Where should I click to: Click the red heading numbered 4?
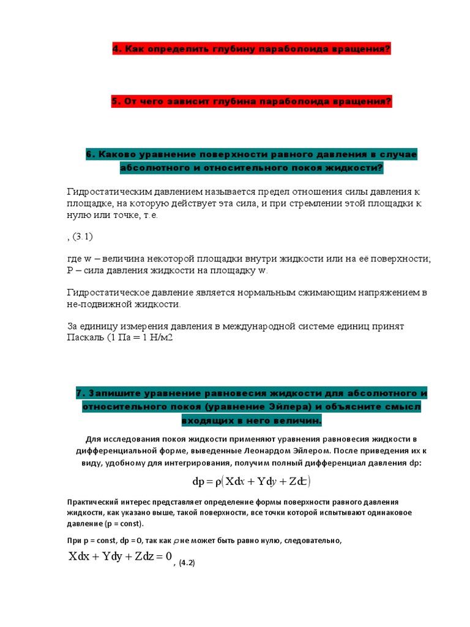tap(251, 49)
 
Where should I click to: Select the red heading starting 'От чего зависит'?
tap(251, 102)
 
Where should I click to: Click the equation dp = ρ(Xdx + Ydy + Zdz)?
tap(252, 481)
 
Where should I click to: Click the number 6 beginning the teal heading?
tap(89, 155)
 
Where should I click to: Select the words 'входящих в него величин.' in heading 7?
tap(251, 421)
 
